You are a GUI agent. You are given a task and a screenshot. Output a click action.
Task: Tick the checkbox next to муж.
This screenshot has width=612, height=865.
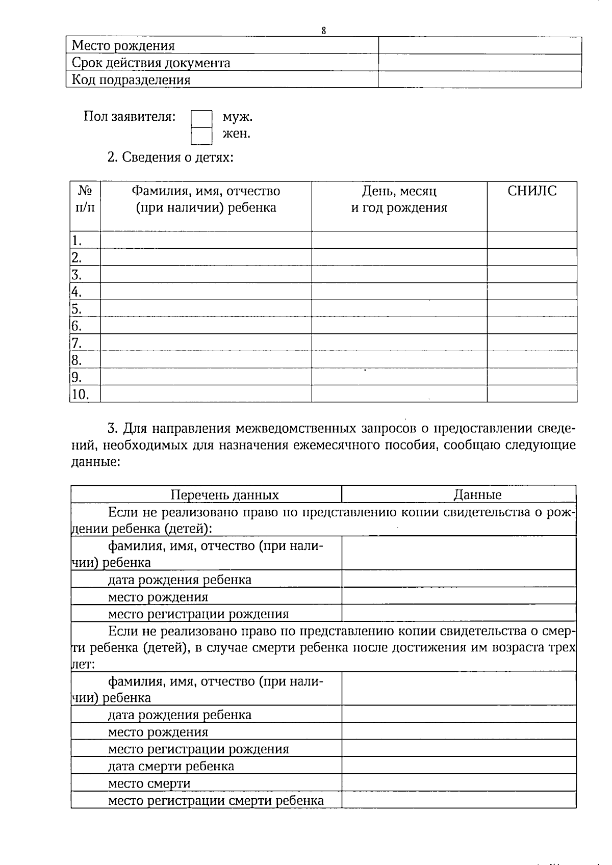pos(201,119)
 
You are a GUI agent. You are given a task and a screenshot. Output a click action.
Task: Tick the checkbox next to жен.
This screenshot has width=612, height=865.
pos(201,136)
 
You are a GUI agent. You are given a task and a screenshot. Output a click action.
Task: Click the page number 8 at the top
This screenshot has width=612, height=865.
pos(323,31)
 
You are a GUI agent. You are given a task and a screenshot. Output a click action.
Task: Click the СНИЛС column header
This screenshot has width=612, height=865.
pos(532,191)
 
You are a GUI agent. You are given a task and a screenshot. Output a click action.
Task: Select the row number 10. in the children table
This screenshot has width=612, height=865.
pos(80,394)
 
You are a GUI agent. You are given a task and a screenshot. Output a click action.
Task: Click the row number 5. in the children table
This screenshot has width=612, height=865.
pos(77,309)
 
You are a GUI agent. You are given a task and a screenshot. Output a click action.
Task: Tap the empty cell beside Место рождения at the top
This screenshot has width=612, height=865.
pos(479,45)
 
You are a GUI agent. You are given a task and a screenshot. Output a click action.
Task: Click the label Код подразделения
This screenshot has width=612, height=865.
pos(131,80)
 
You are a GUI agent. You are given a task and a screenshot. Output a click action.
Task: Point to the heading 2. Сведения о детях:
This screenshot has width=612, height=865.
pos(170,157)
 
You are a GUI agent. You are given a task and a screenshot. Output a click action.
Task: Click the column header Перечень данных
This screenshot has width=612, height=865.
pos(224,494)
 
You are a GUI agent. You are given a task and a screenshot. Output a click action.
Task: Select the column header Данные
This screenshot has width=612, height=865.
pos(477,494)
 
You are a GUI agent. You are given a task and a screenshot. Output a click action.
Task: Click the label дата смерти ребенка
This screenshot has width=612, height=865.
pos(171,766)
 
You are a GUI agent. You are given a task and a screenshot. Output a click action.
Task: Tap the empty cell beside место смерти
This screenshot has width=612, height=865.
pos(458,783)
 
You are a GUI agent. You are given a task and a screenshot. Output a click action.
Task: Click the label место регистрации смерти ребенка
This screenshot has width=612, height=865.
pos(216,800)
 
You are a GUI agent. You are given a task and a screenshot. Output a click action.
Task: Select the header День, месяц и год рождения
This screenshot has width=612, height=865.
pos(399,199)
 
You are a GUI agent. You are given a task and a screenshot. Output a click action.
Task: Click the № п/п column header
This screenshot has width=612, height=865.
pos(85,199)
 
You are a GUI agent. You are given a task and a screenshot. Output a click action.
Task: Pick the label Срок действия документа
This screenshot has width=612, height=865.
pos(151,63)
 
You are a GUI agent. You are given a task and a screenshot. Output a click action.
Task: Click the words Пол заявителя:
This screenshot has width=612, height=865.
pos(130,117)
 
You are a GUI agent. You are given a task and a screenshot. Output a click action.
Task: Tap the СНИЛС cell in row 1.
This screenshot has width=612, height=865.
pos(532,240)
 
